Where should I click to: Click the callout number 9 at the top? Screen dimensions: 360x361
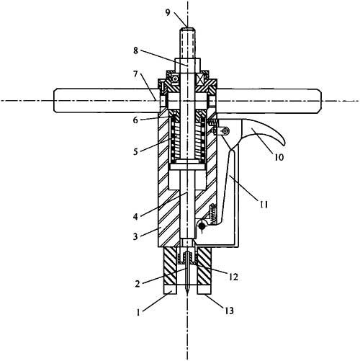tap(168, 12)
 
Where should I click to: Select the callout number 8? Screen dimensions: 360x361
tap(136, 50)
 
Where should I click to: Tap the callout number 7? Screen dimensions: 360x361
tap(136, 74)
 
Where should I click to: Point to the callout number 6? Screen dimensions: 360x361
tap(135, 120)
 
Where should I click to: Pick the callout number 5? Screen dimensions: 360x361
tap(135, 151)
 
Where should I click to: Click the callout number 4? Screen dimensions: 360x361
tap(135, 217)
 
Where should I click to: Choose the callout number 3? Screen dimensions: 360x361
tap(135, 236)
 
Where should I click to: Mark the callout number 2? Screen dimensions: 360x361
tap(138, 284)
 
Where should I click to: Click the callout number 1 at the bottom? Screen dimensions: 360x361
tap(138, 313)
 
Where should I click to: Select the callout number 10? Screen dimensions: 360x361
tap(279, 157)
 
